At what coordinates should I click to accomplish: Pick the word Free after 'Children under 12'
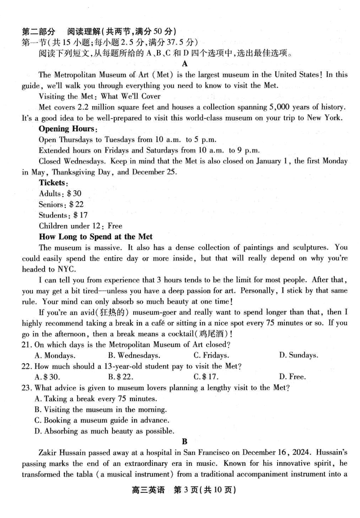coord(115,226)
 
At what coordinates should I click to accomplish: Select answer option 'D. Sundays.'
coord(298,356)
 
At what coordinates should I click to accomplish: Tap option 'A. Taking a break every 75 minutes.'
coord(95,398)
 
